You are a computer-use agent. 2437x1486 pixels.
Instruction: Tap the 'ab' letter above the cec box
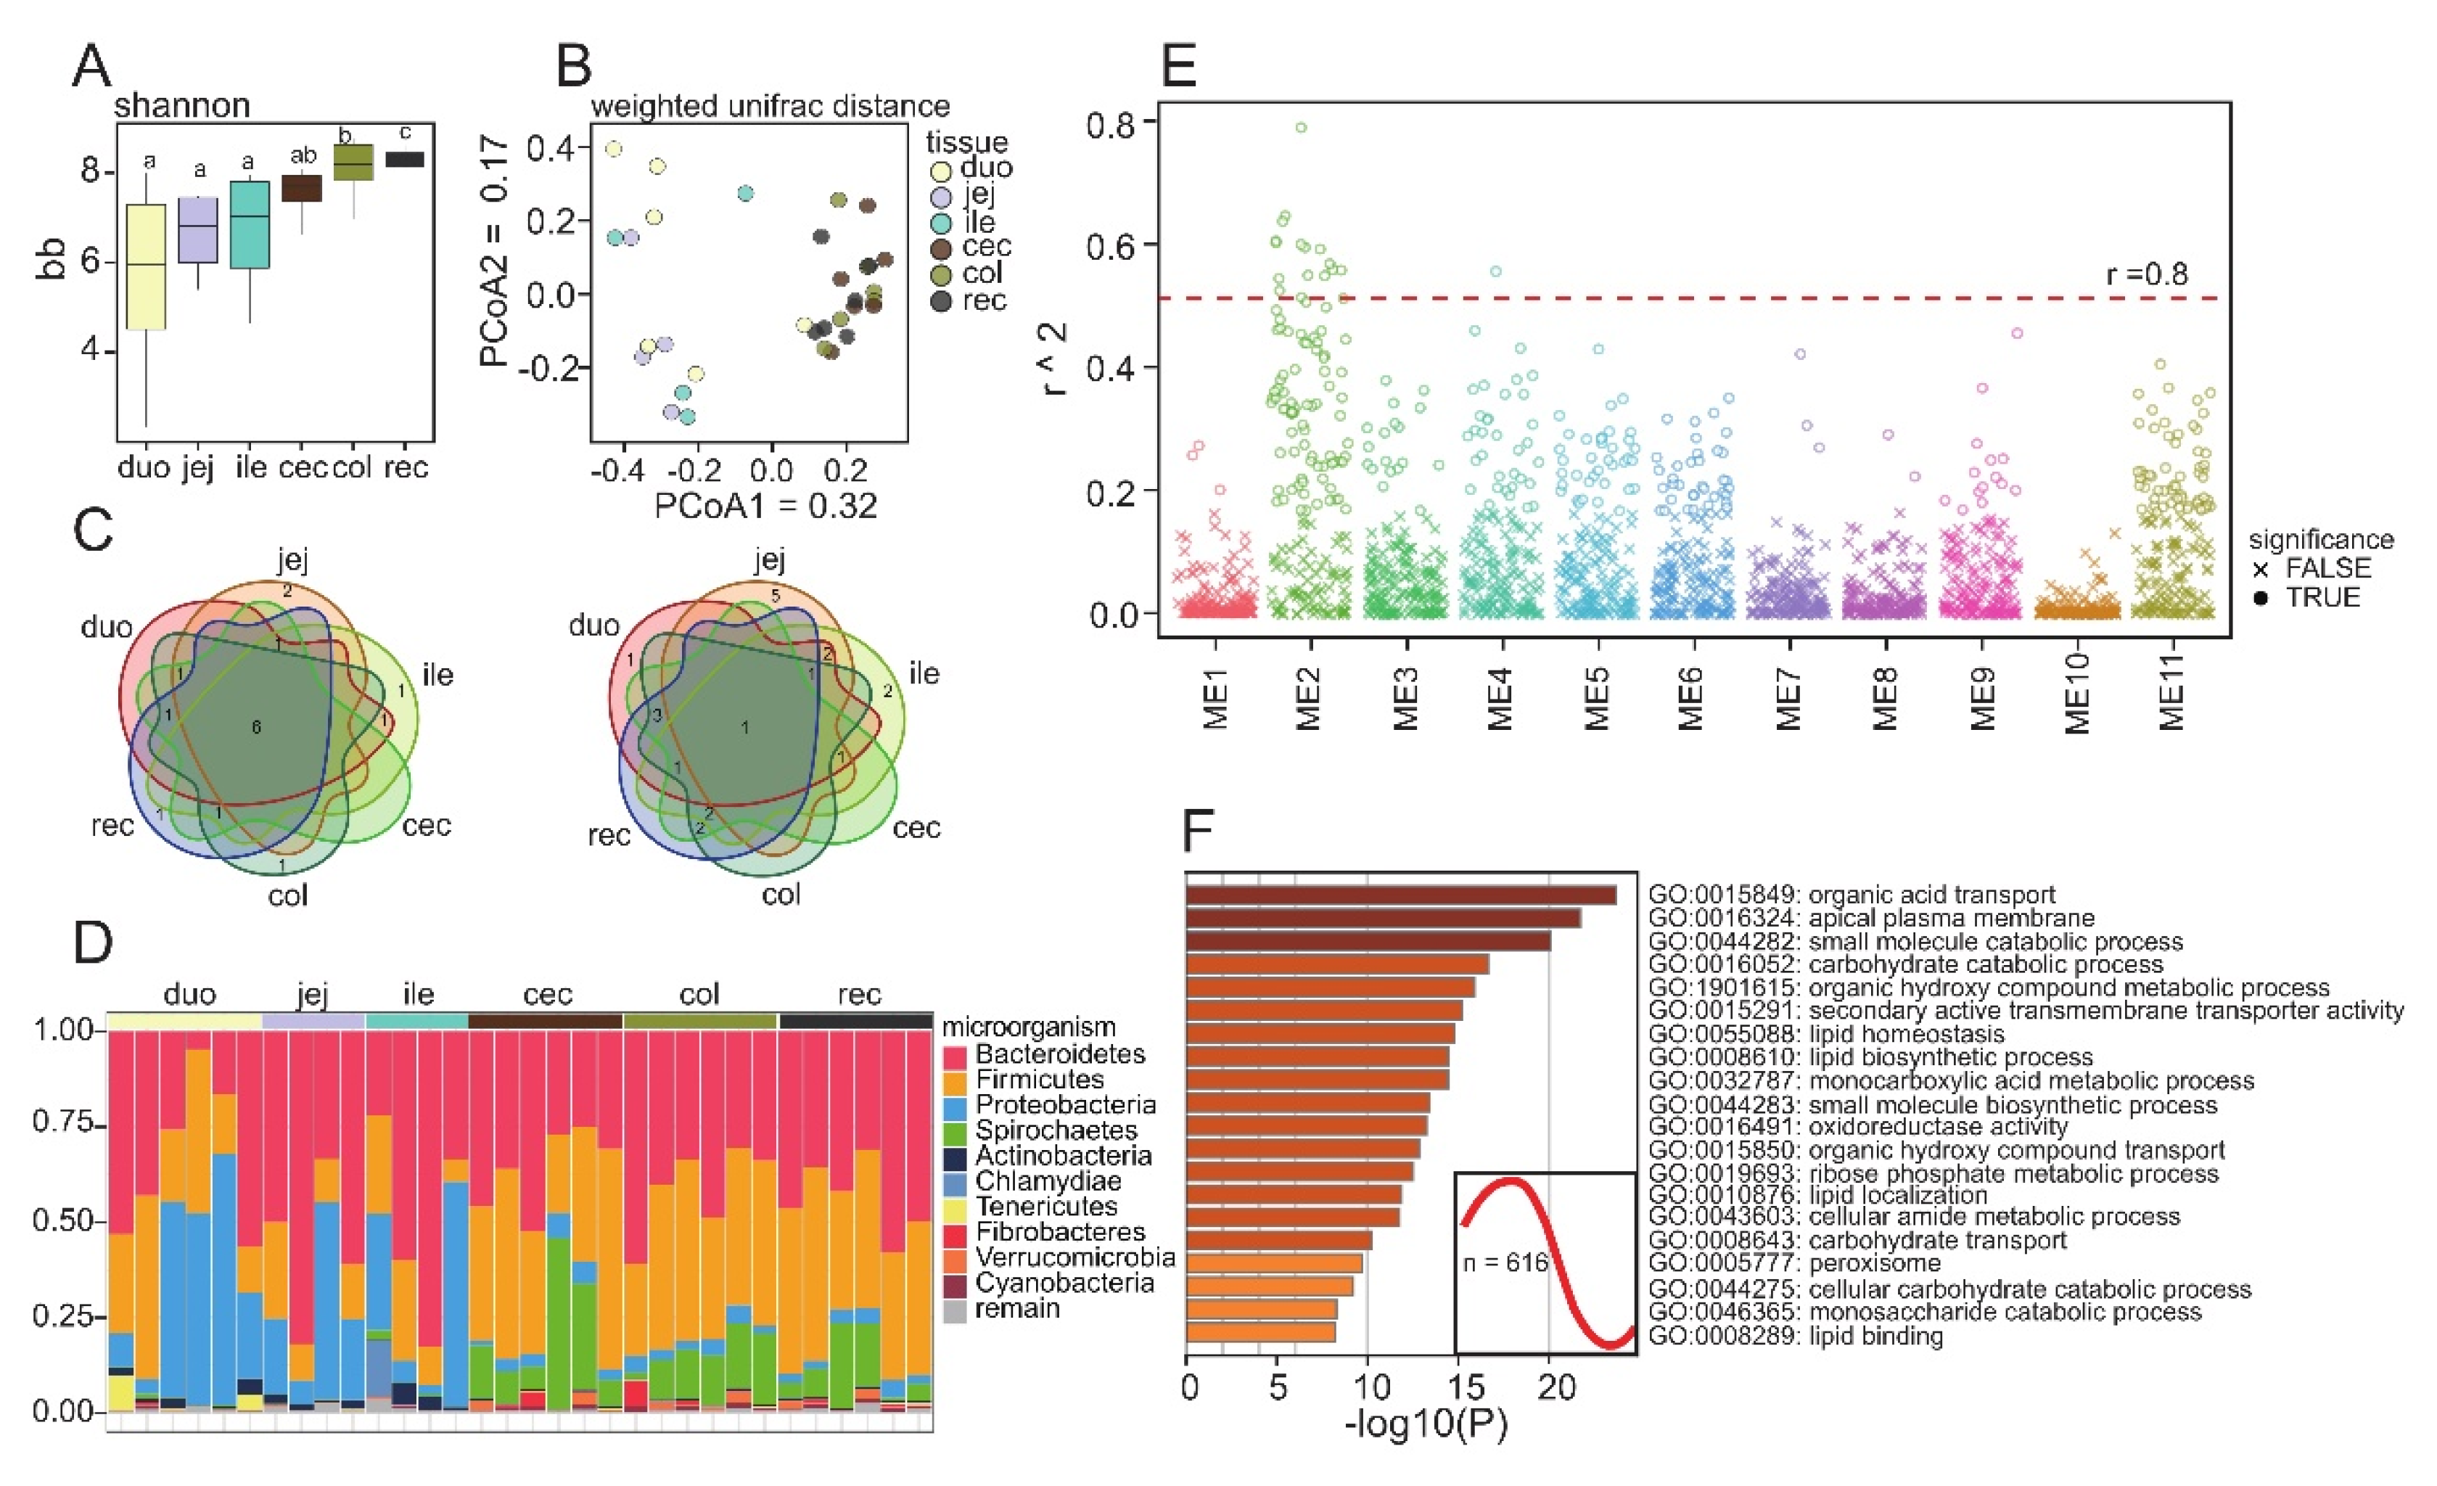303,155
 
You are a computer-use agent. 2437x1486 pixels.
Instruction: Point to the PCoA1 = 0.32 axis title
765,506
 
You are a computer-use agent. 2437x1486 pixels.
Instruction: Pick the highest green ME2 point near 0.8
1302,128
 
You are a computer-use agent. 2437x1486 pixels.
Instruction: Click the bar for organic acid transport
1400,895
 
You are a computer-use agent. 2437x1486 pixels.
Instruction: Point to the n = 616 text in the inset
1505,1263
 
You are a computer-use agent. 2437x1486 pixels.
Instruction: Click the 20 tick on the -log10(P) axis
1556,1387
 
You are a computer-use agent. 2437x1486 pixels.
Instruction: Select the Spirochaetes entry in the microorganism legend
1056,1130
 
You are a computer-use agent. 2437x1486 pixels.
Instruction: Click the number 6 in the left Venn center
256,727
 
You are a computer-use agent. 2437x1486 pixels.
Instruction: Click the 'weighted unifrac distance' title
770,106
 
